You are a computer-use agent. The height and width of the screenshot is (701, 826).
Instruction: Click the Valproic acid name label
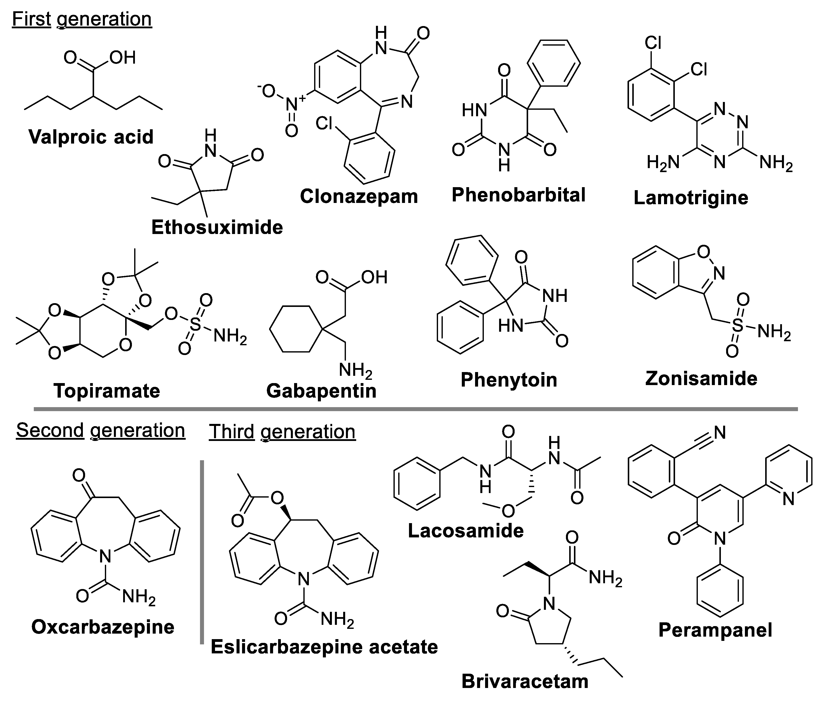pos(91,137)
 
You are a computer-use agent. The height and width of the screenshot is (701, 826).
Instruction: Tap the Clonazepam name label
pos(359,196)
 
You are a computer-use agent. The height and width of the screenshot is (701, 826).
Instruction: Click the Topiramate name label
pos(107,391)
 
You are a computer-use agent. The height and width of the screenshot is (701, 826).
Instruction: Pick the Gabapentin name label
pos(321,391)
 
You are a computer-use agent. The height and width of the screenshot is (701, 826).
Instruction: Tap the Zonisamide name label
pos(701,378)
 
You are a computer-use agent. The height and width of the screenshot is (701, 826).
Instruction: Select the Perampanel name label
pos(715,630)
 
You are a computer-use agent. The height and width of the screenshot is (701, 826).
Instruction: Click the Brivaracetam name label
pos(525,681)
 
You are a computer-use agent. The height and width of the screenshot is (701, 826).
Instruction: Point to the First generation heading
pos(82,19)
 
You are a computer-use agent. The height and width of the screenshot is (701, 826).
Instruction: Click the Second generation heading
pos(100,430)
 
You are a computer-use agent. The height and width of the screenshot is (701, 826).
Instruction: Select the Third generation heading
pos(282,432)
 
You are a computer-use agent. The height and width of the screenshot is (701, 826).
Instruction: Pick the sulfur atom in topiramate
pos(195,324)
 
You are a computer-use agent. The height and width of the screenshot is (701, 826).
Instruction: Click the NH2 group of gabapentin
pos(355,371)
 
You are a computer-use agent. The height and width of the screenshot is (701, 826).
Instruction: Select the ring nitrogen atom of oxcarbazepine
pos(105,556)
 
